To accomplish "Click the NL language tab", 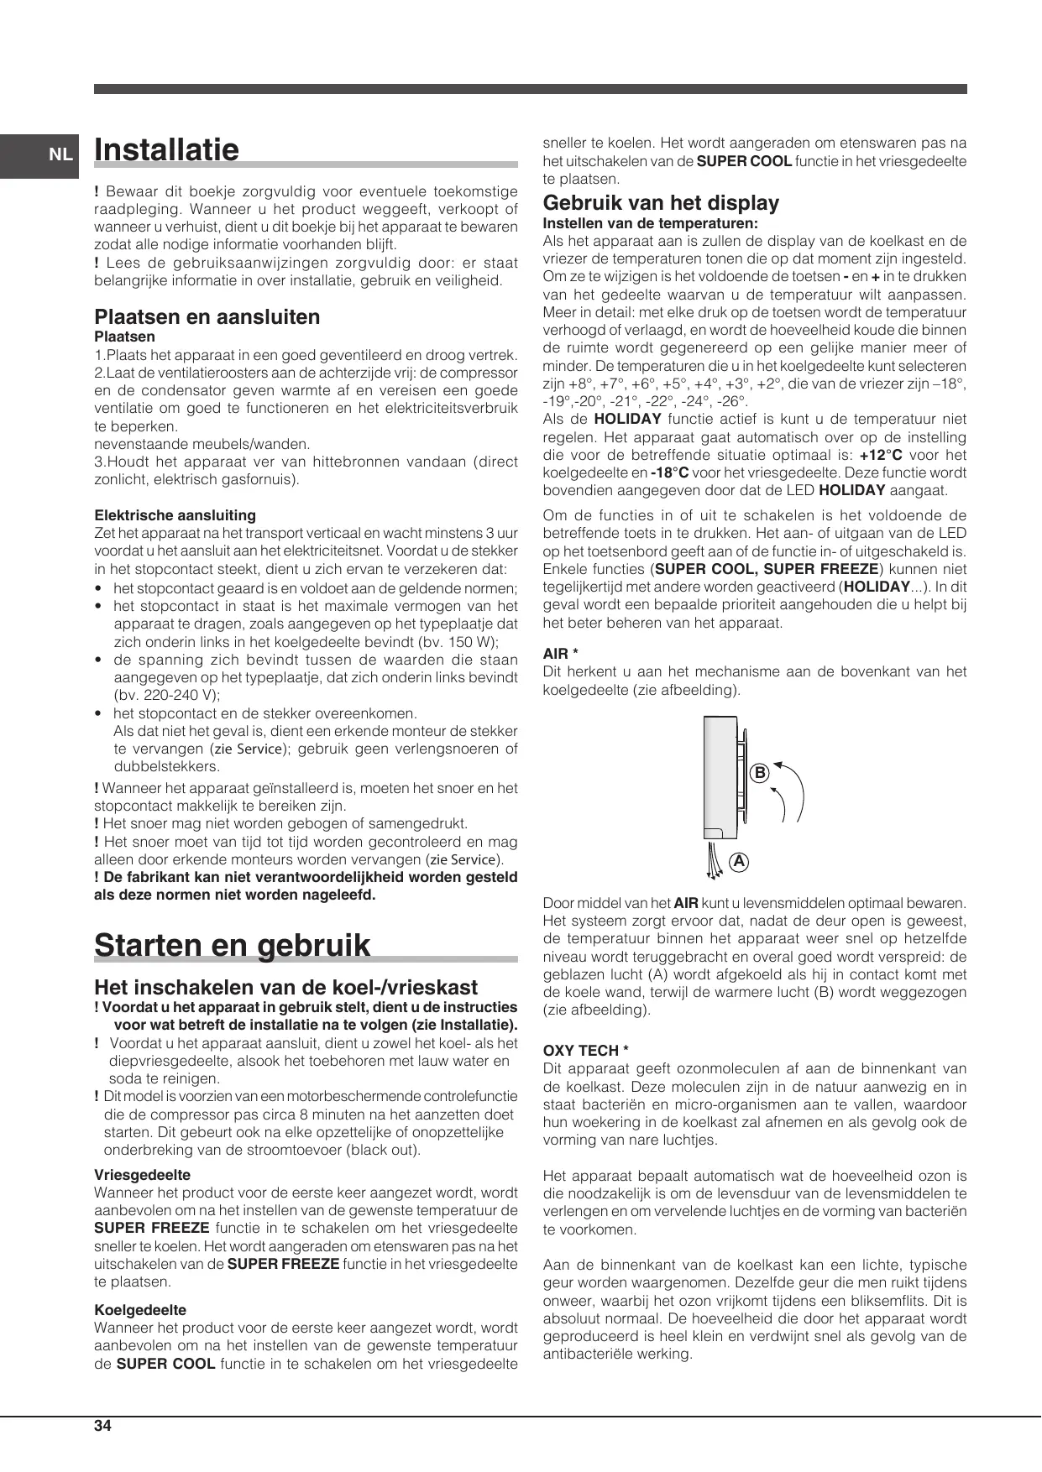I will (x=59, y=154).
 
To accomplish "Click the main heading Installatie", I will (x=167, y=149).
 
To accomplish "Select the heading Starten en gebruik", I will (x=232, y=945).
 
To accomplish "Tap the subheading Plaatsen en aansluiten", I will (x=207, y=317).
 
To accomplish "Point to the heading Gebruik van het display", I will (x=661, y=203).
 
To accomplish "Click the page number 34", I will (x=102, y=1426).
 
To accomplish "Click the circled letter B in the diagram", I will (x=759, y=773).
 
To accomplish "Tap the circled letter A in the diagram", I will (x=739, y=862).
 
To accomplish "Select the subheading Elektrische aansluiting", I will (x=175, y=515).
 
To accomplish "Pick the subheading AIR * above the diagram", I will (x=561, y=654).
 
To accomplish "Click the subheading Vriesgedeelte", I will (x=142, y=1175).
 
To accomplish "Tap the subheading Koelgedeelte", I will (x=140, y=1310).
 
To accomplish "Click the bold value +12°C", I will (x=881, y=455).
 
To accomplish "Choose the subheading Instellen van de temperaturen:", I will (x=650, y=223).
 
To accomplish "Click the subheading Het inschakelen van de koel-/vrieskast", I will (x=285, y=988).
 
